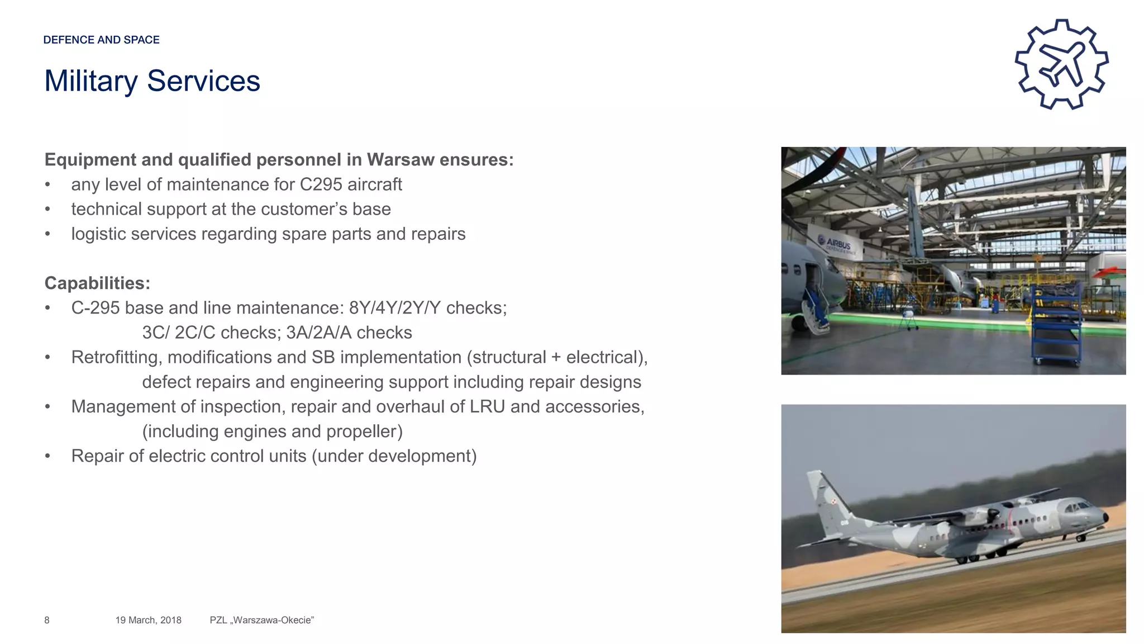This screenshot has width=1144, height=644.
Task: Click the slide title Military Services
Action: tap(152, 81)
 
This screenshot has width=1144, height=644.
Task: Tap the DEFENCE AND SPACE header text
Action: tap(101, 40)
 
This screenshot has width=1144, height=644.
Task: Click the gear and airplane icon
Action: tap(1061, 64)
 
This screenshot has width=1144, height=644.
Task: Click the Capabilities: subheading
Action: tap(97, 283)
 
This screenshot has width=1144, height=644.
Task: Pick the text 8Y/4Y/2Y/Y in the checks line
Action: tap(395, 308)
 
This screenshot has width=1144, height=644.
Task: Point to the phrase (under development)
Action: tap(394, 456)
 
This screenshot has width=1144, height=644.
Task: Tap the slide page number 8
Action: tap(47, 620)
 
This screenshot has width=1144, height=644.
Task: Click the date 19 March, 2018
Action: tap(148, 620)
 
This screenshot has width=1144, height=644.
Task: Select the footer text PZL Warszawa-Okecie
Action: tap(261, 620)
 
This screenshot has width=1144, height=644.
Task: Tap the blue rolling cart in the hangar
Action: tap(1055, 325)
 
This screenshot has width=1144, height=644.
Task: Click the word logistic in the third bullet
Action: tap(99, 234)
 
